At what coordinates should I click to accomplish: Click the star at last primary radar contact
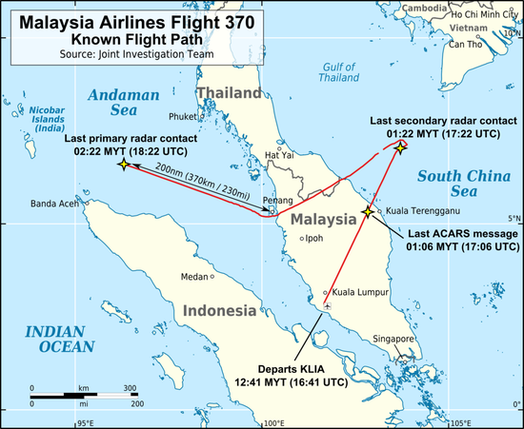click(x=123, y=165)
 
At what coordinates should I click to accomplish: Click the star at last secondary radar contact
click(x=401, y=146)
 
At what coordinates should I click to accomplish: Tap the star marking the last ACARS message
click(x=368, y=211)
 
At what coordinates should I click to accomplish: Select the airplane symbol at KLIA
click(x=328, y=307)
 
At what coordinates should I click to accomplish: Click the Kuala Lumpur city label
click(x=357, y=293)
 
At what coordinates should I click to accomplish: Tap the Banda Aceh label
click(x=54, y=204)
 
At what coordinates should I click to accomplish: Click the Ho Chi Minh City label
click(x=482, y=15)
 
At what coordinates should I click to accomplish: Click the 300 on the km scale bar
click(x=130, y=388)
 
